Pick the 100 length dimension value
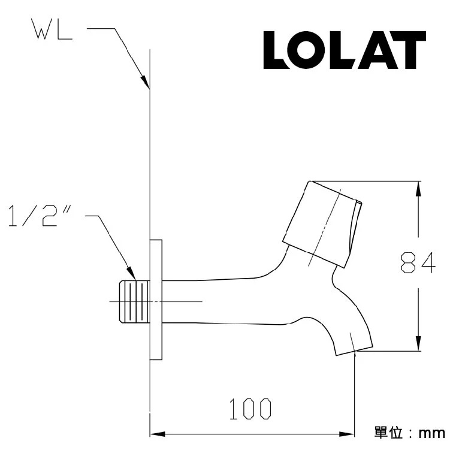(x=250, y=409)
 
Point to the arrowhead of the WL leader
(x=145, y=84)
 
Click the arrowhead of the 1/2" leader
(x=132, y=275)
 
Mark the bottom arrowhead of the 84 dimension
(x=418, y=346)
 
